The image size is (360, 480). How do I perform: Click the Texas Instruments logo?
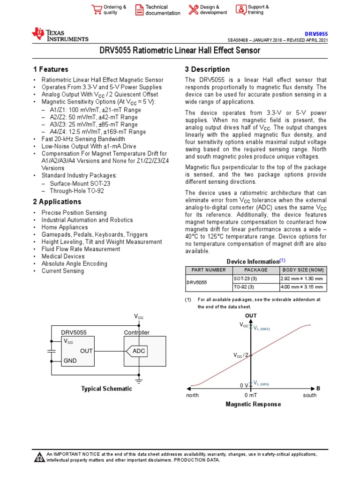coord(60,35)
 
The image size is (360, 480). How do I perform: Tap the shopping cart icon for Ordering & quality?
coord(97,9)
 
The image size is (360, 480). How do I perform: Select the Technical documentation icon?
coord(139,10)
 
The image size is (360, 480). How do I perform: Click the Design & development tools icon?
coord(194,10)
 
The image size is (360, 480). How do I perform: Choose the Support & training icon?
coord(240,9)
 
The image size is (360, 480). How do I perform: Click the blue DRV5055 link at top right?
coord(316,34)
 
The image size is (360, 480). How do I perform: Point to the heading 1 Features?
coord(50,69)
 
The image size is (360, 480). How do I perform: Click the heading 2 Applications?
coord(57,202)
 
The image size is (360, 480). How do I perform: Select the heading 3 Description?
coord(207,69)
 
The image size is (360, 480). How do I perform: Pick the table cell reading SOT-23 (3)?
coord(244,278)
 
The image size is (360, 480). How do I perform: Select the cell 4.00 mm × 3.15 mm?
coord(301,287)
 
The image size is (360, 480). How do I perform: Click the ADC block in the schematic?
coord(139,351)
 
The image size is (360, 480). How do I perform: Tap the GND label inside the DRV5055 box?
coord(70,360)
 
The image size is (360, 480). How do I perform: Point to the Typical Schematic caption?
coord(106,389)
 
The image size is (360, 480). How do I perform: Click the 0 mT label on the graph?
coord(251,395)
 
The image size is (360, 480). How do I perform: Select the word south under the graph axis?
coord(309,395)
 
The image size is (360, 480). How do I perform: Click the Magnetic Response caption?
coord(253,404)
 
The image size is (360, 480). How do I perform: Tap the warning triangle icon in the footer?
coord(39,457)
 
